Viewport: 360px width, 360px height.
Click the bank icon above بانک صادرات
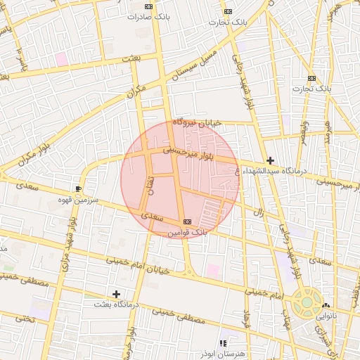(148, 6)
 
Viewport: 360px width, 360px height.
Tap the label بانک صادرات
(148, 16)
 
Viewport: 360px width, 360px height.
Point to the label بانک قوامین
(187, 232)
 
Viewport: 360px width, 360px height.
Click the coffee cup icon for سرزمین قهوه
(78, 189)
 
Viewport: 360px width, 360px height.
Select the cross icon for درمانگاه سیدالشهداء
(270, 160)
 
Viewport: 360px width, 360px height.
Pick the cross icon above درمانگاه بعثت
(116, 294)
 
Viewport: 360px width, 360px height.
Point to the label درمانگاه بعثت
(117, 305)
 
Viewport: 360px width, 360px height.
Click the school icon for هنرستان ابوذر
(223, 343)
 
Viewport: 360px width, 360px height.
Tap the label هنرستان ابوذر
(222, 354)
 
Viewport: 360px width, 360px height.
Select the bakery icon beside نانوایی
(325, 306)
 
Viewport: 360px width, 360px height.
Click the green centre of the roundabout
(307, 303)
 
